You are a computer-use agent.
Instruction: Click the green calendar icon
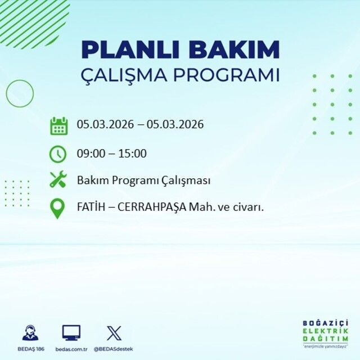[x=58, y=125]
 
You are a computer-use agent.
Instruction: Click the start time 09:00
[x=89, y=153]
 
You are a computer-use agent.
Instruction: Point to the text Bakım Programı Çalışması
[x=143, y=181]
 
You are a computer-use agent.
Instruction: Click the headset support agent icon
[x=31, y=332]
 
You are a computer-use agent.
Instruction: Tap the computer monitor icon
[x=71, y=332]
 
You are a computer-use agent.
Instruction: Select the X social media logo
[x=114, y=332]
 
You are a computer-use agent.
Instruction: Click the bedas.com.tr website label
[x=71, y=349]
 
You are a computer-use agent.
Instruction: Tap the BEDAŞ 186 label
[x=31, y=349]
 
